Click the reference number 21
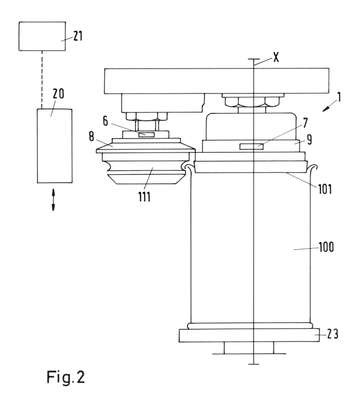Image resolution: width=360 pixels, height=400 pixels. [x=78, y=36]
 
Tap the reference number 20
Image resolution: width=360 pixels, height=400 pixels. [x=58, y=94]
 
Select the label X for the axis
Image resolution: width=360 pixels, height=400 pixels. [x=276, y=58]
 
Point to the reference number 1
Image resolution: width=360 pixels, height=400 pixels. [x=339, y=97]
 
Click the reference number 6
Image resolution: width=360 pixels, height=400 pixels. [x=105, y=121]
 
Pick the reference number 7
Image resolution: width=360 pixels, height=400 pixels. [x=305, y=124]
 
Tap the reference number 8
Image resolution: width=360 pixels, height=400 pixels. [x=92, y=137]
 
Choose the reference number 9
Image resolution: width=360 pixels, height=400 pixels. [x=309, y=140]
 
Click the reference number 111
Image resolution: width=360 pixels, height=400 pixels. [x=144, y=196]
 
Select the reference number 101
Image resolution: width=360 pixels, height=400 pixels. [x=324, y=189]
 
